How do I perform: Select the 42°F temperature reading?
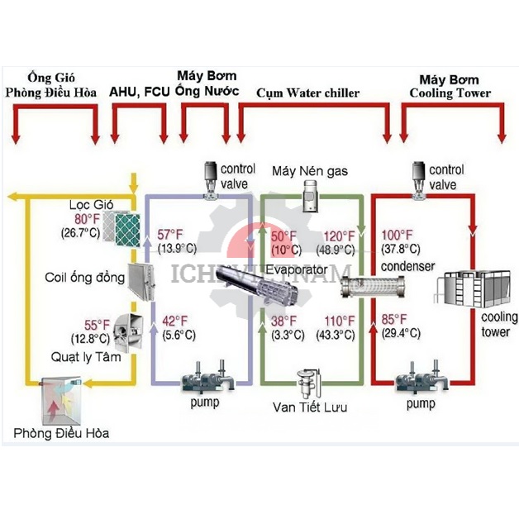coord(174,321)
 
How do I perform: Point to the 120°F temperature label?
coord(340,236)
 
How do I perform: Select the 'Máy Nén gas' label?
coord(310,171)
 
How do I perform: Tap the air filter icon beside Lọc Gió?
coord(126,226)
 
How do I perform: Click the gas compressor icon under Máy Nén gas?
coord(310,197)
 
